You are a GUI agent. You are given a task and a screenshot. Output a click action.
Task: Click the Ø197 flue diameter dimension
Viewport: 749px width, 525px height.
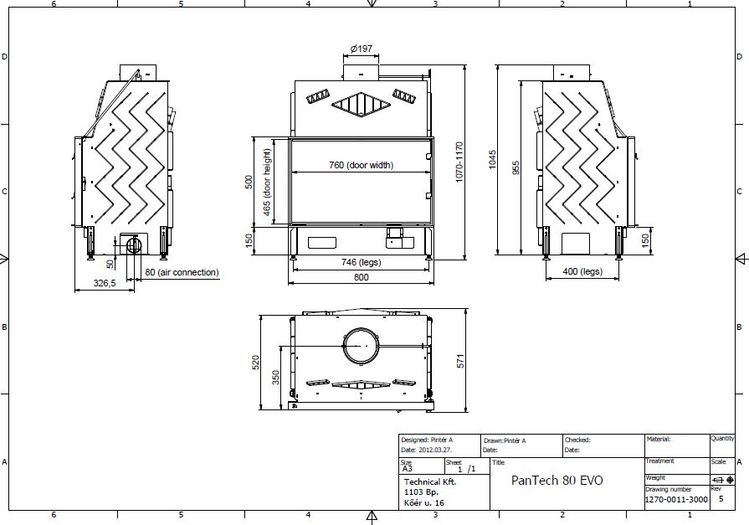pos(362,49)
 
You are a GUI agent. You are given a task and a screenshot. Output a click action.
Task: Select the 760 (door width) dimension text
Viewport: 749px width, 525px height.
pos(362,165)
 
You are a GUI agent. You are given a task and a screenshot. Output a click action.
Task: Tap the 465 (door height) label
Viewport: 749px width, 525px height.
pos(267,183)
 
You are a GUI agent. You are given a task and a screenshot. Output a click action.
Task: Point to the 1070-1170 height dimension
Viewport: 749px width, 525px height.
pos(459,162)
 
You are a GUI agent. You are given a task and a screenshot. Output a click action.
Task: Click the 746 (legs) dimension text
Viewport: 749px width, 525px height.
pos(362,262)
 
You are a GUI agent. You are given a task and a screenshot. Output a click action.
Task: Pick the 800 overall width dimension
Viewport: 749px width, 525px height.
pos(362,277)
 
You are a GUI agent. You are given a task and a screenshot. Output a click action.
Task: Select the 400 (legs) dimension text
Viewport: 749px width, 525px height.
pos(582,271)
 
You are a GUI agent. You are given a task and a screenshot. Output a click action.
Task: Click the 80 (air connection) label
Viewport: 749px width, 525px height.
pos(182,272)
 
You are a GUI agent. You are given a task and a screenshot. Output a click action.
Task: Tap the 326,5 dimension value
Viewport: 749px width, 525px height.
pos(105,283)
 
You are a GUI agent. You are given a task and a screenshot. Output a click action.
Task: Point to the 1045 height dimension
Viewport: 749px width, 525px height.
pos(492,160)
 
